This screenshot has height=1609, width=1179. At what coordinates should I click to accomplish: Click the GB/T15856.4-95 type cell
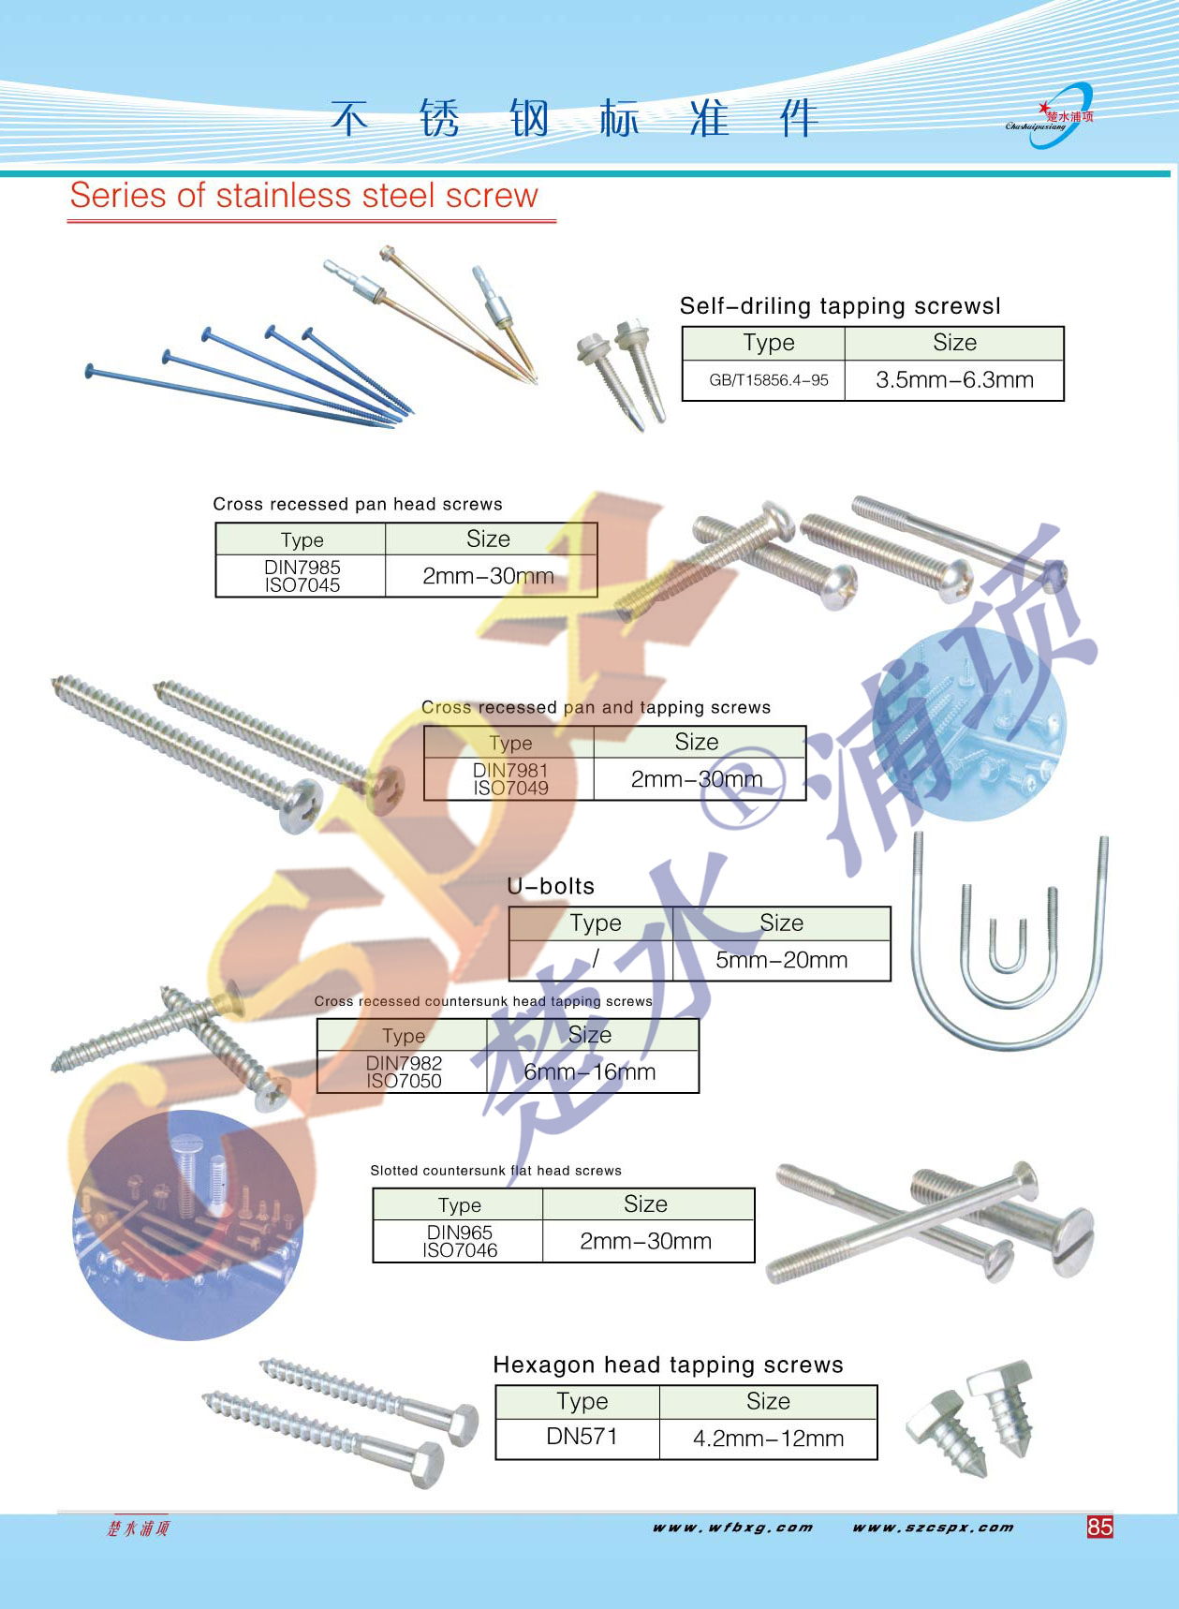pos(768,380)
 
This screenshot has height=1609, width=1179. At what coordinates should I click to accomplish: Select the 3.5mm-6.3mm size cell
pos(954,380)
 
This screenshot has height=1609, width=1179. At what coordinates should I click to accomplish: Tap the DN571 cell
pos(582,1437)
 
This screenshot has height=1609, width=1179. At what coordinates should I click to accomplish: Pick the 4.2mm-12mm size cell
pos(768,1439)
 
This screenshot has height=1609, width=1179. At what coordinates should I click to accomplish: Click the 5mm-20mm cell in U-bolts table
pos(781,960)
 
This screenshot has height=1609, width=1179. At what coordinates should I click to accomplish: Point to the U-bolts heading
pos(551,886)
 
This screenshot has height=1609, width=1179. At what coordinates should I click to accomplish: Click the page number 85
pos(1099,1527)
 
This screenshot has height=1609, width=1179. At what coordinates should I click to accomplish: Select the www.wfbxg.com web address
pos(732,1528)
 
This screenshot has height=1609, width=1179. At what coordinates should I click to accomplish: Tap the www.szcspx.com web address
pos(933,1528)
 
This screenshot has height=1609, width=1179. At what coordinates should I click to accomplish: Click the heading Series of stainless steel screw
pos(303,196)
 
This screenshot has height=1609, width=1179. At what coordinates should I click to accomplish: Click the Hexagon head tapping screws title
pos(668,1365)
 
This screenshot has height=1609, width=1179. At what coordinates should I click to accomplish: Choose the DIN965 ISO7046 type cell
pos(460,1241)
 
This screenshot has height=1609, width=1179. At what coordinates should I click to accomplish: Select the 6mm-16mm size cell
pos(590,1072)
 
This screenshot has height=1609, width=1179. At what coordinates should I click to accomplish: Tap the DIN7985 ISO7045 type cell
pos(302,576)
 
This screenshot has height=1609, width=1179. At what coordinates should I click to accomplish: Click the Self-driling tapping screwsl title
pos(840,306)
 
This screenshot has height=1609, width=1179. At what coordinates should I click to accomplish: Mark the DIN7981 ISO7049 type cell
pos(510,779)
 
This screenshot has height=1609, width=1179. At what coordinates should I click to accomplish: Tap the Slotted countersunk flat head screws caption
pos(495,1171)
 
